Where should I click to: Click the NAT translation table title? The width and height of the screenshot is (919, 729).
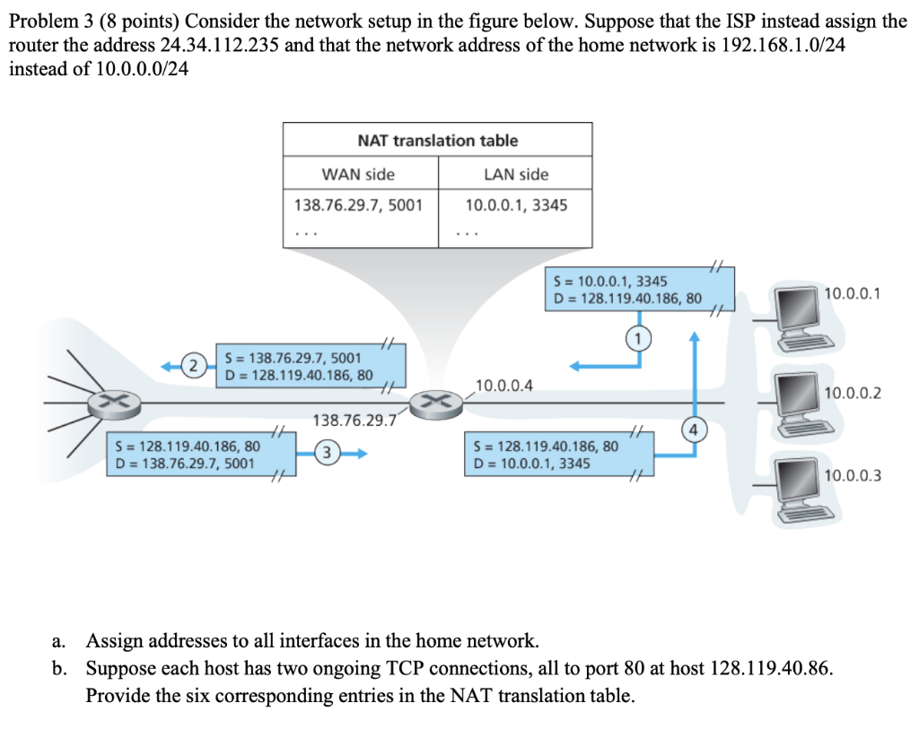(437, 140)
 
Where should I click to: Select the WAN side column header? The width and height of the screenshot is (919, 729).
(358, 174)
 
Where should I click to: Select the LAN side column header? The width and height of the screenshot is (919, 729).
(515, 174)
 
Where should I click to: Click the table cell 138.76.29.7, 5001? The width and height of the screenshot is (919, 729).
(358, 205)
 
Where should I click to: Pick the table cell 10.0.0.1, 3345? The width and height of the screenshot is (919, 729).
(516, 205)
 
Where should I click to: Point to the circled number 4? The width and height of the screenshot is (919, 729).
(693, 429)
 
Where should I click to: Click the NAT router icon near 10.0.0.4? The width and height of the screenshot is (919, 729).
(435, 401)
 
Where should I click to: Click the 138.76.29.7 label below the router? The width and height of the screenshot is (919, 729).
(354, 419)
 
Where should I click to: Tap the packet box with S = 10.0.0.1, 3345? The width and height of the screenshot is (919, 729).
(626, 289)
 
